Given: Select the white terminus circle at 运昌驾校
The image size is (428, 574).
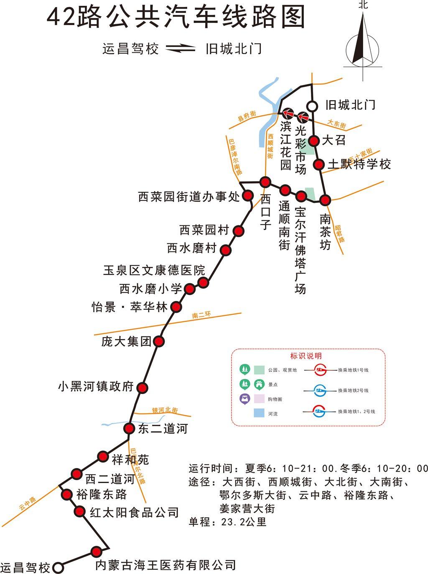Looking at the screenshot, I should pos(59,567).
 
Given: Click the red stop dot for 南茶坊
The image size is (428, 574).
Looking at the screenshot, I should pos(325,200).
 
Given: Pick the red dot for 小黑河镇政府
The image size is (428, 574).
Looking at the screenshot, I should pos(143,388).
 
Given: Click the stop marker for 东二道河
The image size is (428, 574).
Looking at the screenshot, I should pos(129,428).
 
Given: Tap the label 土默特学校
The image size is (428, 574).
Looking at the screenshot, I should pos(359,164).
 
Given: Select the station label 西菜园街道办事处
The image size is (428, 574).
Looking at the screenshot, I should pos(189,196).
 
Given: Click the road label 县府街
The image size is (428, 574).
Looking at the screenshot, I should pos(247,116).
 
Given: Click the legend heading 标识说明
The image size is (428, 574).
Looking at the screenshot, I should pos(306,356).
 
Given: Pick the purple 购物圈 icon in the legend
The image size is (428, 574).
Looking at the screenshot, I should pos(244,399).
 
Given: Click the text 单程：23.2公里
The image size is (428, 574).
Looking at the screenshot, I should pos(228,522).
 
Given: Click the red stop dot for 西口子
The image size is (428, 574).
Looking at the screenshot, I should pos(265,182).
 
